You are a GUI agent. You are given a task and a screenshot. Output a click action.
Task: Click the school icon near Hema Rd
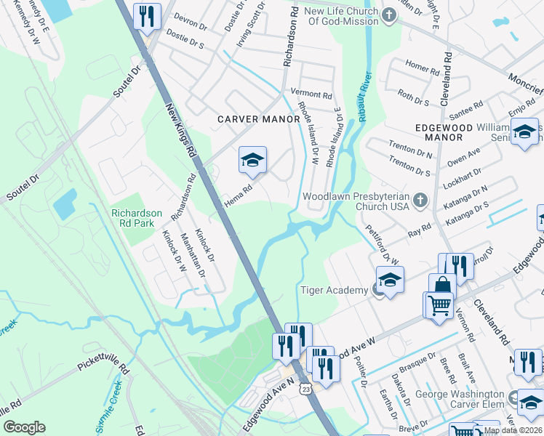coord(252,161)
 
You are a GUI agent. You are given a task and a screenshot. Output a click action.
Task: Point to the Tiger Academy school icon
coord(390,280)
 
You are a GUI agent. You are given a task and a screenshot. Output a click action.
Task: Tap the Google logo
coord(24,427)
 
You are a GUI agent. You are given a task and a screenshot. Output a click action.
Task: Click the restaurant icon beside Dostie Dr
coord(148,16)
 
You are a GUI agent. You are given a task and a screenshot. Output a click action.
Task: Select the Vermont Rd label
coord(311,94)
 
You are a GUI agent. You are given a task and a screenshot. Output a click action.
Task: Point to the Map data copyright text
coord(513,430)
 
